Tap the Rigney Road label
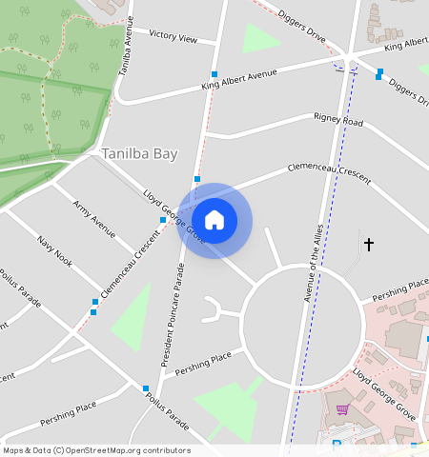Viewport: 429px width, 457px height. click(x=338, y=121)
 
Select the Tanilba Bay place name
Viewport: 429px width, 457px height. click(x=139, y=153)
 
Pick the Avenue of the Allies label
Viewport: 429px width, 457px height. click(x=317, y=259)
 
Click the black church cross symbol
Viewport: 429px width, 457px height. click(x=368, y=245)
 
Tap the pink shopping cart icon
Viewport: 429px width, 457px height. click(x=342, y=409)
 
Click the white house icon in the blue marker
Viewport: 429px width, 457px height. click(x=214, y=220)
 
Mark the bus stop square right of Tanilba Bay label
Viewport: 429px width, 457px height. click(x=197, y=179)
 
